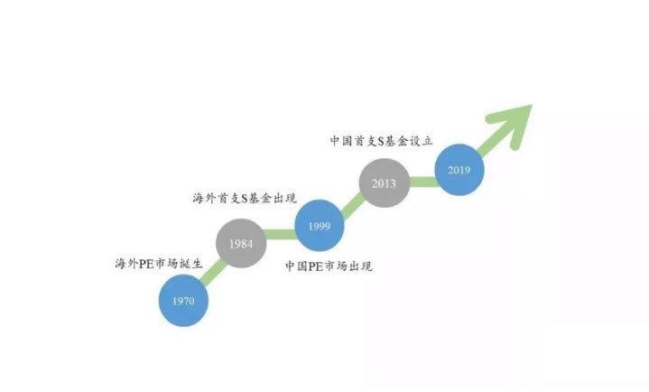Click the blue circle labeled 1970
click(x=183, y=301)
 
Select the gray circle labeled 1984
click(x=241, y=243)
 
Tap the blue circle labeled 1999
click(x=320, y=226)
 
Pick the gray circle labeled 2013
click(x=385, y=182)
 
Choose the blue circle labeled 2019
click(x=459, y=170)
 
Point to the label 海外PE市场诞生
click(x=159, y=263)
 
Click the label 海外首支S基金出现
click(x=245, y=198)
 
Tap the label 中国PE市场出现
click(x=329, y=266)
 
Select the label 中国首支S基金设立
click(x=381, y=141)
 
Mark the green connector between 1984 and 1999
click(x=281, y=234)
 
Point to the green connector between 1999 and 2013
click(x=353, y=205)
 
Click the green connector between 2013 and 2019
click(x=422, y=182)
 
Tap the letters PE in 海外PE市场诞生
click(x=146, y=264)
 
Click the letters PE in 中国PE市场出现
click(x=315, y=266)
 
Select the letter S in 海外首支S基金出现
click(x=245, y=199)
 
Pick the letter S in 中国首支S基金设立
click(x=381, y=141)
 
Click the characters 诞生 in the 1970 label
click(x=190, y=263)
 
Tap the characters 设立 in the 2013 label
click(x=421, y=141)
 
